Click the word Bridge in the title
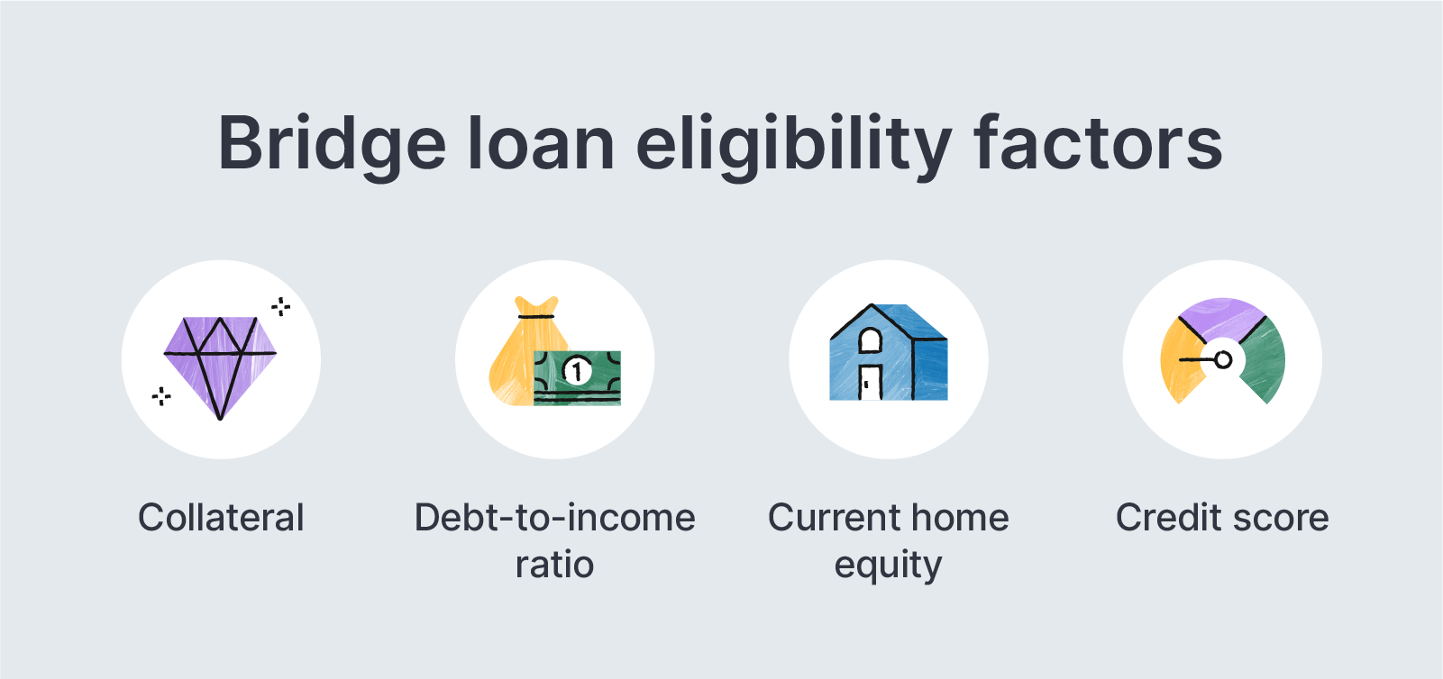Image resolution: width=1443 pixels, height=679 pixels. click(332, 144)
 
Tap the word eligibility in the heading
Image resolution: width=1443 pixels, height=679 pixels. click(793, 144)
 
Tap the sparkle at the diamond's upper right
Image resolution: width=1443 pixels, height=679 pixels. click(281, 307)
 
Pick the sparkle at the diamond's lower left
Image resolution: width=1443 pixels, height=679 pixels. click(161, 395)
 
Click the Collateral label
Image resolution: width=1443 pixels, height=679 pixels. click(221, 518)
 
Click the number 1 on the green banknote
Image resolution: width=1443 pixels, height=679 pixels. click(577, 370)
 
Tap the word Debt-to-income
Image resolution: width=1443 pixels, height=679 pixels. click(554, 518)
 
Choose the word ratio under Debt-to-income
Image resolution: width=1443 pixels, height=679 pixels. click(554, 565)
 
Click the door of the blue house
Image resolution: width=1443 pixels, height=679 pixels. click(870, 382)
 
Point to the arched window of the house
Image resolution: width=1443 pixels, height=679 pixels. click(870, 340)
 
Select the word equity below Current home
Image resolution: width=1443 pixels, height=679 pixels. click(888, 566)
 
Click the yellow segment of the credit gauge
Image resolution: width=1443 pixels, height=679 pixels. click(1179, 369)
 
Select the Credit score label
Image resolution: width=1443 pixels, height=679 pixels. click(1222, 518)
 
